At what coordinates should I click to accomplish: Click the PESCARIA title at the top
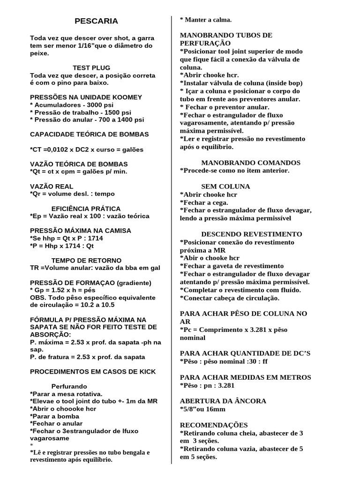tap(97, 21)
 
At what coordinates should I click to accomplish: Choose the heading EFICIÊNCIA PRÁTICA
tap(86, 208)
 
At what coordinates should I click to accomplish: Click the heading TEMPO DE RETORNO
tap(86, 260)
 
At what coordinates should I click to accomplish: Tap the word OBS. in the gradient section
tap(38, 297)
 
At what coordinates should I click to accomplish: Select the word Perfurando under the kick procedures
tap(69, 386)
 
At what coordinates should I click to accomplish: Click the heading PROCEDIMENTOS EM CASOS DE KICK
tap(92, 371)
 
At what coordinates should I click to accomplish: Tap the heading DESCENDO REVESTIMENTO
tap(252, 234)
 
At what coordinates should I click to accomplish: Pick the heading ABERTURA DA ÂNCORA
tap(223, 401)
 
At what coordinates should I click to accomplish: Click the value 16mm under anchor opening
tap(215, 409)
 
